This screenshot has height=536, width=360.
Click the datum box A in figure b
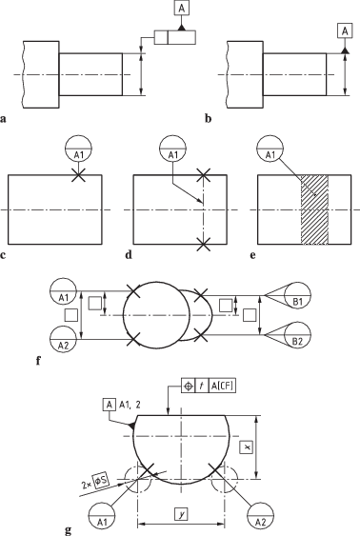point(345,31)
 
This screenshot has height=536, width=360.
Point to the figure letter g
point(68,529)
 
